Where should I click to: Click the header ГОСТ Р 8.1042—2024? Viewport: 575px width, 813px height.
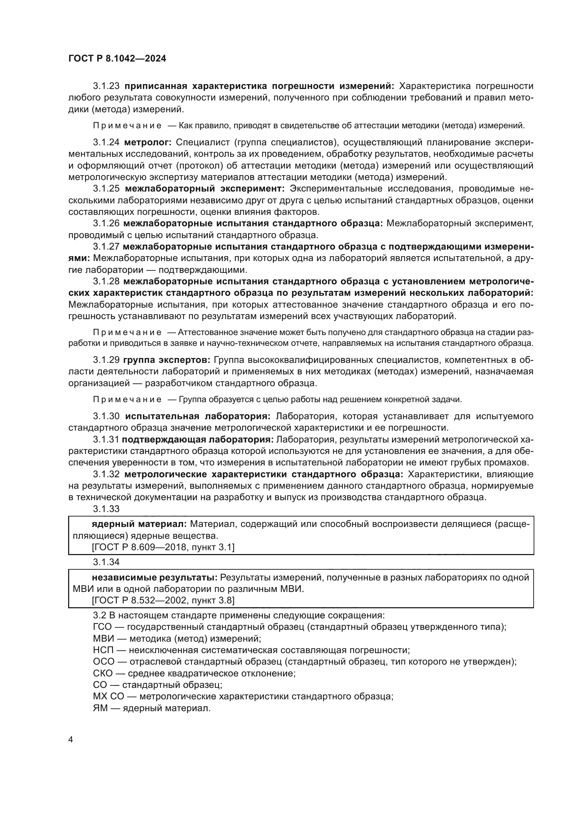pyautogui.click(x=117, y=59)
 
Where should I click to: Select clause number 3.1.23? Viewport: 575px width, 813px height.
pyautogui.click(x=106, y=86)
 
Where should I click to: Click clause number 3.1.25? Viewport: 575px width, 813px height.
pyautogui.click(x=106, y=188)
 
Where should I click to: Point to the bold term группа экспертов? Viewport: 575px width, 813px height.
pyautogui.click(x=167, y=360)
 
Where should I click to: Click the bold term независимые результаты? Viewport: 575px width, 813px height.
pyautogui.click(x=155, y=577)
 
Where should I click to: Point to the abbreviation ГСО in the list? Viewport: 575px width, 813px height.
pyautogui.click(x=102, y=627)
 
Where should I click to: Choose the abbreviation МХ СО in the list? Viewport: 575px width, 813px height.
pyautogui.click(x=108, y=697)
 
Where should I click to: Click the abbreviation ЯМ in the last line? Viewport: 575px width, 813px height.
pyautogui.click(x=100, y=708)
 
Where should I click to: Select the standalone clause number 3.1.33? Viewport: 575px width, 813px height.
pyautogui.click(x=106, y=509)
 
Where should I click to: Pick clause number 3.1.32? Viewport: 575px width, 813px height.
pyautogui.click(x=106, y=474)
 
